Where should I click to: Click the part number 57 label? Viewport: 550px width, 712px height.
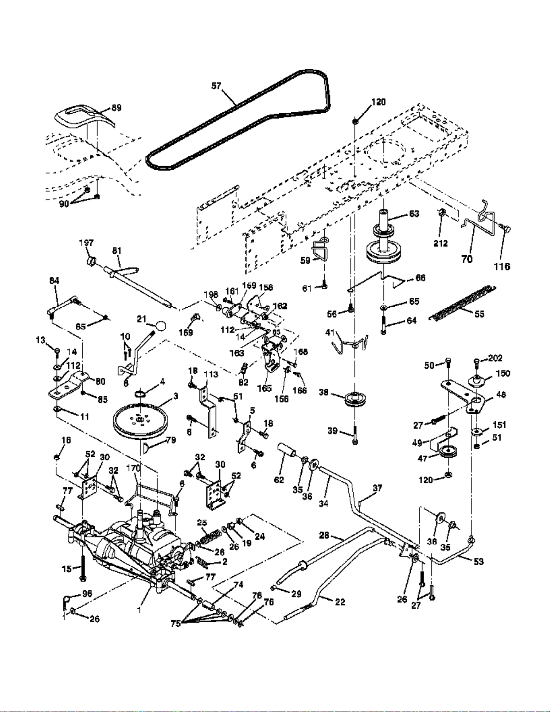216,85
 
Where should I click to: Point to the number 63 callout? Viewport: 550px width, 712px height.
414,213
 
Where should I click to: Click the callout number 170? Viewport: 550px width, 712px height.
133,468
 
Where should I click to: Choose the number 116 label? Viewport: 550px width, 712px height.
502,266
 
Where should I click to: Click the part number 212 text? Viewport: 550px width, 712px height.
440,243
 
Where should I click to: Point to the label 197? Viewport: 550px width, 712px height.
86,243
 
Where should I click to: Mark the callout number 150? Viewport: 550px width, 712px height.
502,373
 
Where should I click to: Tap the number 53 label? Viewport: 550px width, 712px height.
479,562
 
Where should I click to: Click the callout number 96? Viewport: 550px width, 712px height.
87,593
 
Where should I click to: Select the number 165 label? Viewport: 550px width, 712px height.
264,388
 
